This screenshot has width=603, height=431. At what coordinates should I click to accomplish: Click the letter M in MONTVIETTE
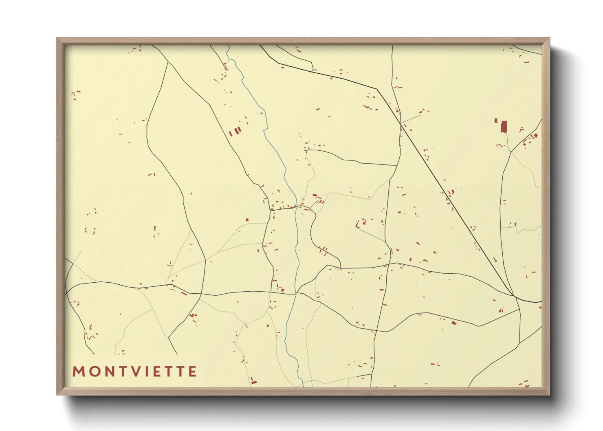[x=79, y=372]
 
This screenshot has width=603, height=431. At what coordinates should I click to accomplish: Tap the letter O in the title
[x=94, y=372]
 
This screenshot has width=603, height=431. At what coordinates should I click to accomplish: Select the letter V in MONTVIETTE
[x=135, y=372]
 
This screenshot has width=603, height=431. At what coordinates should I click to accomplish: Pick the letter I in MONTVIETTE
[x=147, y=372]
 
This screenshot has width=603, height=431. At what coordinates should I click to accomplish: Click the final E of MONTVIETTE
[x=192, y=372]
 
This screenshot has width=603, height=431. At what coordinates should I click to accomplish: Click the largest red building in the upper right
[x=504, y=127]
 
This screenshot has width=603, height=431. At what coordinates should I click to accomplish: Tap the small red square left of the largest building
[x=496, y=121]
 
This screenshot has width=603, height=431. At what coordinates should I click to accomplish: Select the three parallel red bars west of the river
[x=235, y=132]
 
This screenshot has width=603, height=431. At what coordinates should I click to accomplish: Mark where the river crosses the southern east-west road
[x=295, y=294]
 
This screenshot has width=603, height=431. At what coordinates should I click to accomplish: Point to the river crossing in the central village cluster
[x=296, y=208]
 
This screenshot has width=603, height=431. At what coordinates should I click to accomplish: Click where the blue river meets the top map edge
[x=227, y=46]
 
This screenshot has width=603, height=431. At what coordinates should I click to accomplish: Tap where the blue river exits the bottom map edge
[x=303, y=386]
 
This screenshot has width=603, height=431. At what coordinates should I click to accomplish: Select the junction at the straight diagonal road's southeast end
[x=513, y=295]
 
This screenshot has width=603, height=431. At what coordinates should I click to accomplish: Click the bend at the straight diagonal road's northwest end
[x=377, y=89]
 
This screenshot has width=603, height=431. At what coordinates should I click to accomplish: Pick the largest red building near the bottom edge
[x=253, y=382]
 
